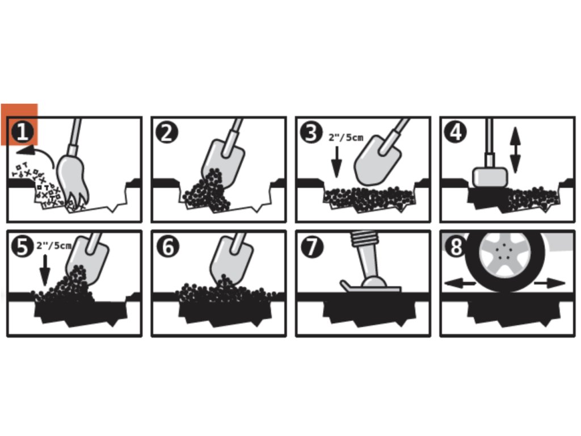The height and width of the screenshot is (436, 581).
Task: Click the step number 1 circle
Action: pos(23,132)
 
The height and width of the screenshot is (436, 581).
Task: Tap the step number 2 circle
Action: pos(167,132)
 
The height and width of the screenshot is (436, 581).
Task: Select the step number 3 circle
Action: pos(311,132)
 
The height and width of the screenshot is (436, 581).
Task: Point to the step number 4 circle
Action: pos(456,132)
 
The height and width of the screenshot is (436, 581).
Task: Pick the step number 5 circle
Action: pos(23,246)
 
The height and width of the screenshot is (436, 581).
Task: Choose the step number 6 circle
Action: pos(167,246)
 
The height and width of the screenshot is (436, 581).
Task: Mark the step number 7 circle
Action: pos(311,246)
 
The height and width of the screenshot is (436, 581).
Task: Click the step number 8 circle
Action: pos(456,246)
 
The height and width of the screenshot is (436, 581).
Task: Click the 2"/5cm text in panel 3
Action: pos(346,137)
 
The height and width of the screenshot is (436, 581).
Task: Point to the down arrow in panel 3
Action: pos(336,162)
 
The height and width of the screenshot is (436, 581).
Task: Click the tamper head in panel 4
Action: pos(490,177)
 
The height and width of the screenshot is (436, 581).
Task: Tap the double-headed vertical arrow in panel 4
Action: pos(515,150)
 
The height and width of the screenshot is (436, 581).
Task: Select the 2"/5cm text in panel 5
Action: pos(54,245)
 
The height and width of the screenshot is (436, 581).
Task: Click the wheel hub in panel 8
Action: pos(504,254)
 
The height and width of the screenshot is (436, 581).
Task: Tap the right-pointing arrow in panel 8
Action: pos(549,283)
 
